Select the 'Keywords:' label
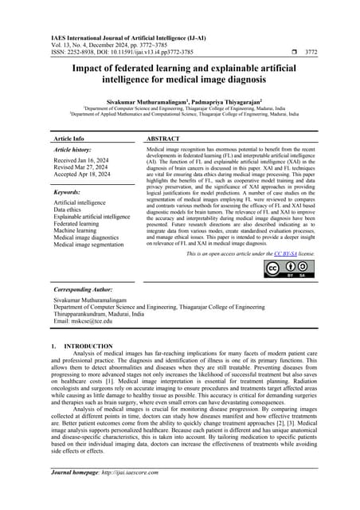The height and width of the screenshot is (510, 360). tap(66, 192)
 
